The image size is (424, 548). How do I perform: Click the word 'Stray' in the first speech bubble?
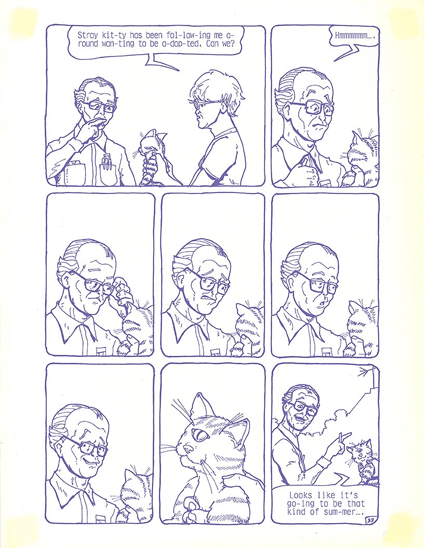pyautogui.click(x=87, y=35)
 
